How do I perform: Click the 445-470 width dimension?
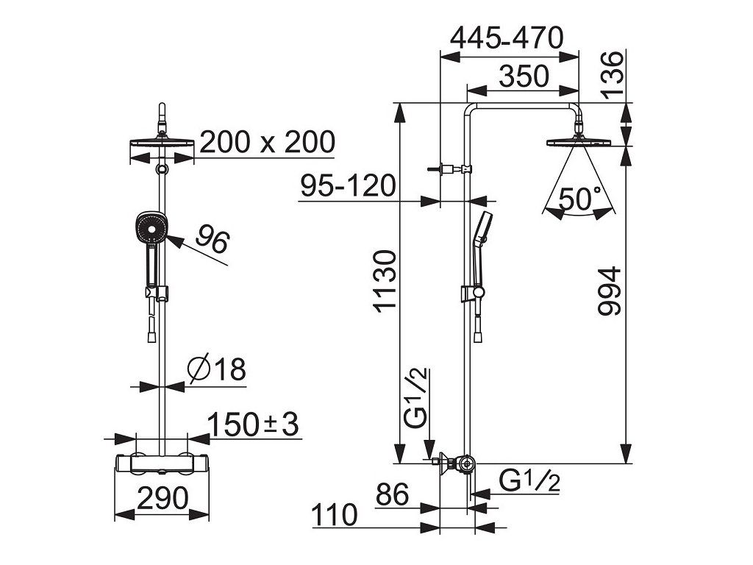click(x=506, y=38)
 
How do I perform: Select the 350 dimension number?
click(x=524, y=77)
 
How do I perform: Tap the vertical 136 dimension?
click(x=613, y=75)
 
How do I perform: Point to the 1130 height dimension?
click(x=385, y=282)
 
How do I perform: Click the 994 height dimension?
click(x=610, y=291)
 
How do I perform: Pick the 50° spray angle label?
click(x=580, y=199)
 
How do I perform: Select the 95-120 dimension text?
click(x=348, y=185)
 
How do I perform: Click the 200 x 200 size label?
click(x=267, y=142)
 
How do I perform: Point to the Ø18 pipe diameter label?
click(x=217, y=369)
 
